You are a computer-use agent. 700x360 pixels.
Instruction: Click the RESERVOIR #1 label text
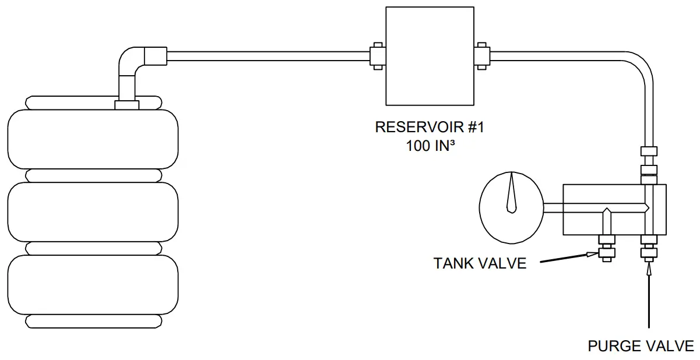429,127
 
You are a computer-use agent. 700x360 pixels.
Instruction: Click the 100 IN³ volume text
430,146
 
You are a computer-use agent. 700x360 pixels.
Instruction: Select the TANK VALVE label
479,263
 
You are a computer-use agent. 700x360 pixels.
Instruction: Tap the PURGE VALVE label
641,346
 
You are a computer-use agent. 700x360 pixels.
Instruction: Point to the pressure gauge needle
512,192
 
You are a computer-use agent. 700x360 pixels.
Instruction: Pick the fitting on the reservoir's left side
377,57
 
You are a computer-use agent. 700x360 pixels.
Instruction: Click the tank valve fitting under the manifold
606,247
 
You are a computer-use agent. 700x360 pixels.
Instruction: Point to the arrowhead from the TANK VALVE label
592,254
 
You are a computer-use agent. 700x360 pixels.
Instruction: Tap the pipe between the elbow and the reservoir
268,57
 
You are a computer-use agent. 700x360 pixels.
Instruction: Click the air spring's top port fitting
127,105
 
